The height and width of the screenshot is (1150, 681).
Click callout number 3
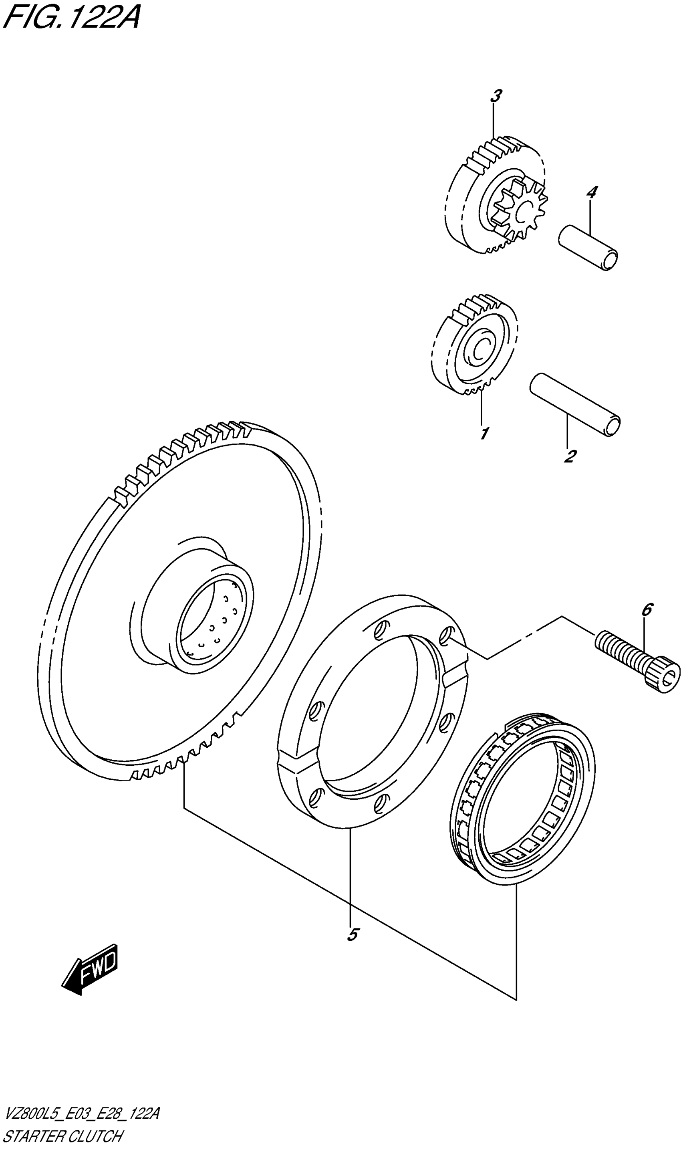[496, 97]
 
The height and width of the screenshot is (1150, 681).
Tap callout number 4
[592, 192]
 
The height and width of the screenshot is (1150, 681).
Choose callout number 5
[353, 934]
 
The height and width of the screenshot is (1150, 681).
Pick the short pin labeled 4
[588, 248]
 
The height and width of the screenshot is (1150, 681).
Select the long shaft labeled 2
[576, 404]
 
